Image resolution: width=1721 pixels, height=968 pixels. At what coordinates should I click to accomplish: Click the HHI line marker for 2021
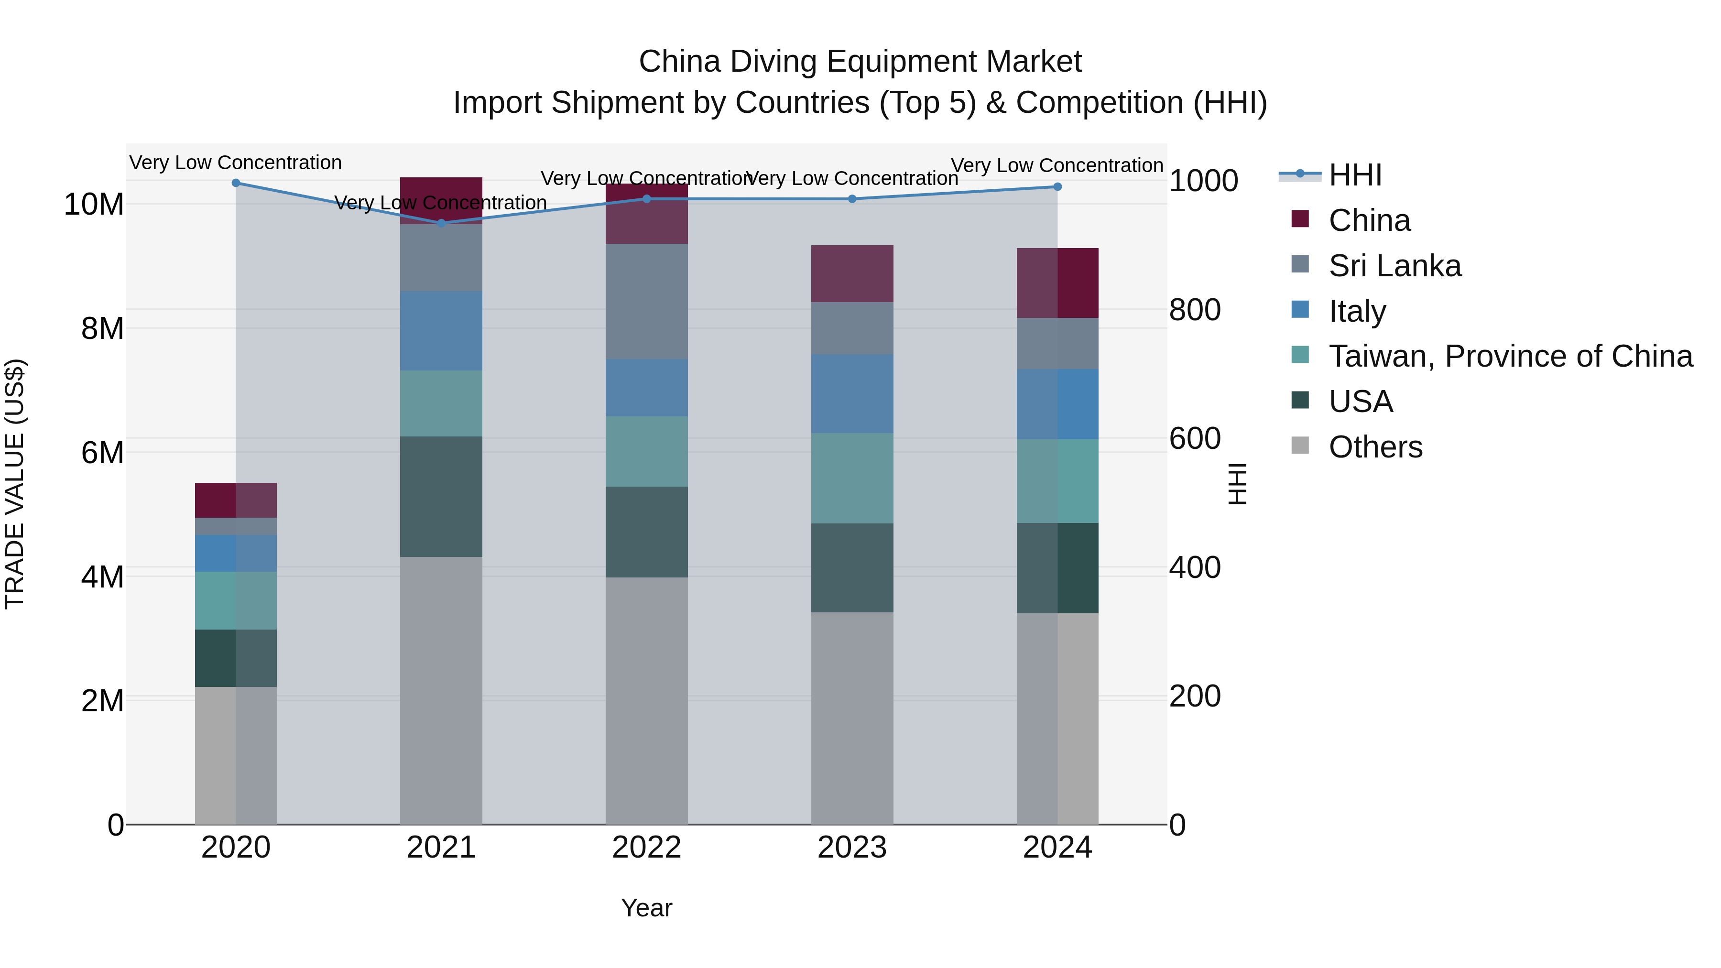441,223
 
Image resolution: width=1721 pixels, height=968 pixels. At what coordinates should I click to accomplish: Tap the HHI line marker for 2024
1057,187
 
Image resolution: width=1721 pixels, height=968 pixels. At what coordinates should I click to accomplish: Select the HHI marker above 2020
236,183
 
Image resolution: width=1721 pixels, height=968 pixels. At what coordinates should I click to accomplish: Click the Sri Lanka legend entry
1394,266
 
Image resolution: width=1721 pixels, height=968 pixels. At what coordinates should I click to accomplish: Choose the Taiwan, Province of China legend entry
1510,356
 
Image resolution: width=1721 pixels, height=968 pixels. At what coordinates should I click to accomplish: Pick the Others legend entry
1375,447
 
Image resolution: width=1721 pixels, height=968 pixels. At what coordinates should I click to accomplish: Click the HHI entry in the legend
1354,175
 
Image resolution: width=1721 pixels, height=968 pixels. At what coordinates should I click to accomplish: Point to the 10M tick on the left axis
94,205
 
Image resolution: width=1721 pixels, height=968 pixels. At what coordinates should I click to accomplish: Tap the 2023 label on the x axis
852,848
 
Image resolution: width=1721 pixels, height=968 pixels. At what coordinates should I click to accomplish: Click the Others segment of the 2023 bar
852,718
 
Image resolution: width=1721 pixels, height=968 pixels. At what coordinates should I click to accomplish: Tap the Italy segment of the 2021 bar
441,331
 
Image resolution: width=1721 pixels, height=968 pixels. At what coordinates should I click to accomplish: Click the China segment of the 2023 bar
852,273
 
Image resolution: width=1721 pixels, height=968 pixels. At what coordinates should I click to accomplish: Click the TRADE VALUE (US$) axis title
15,484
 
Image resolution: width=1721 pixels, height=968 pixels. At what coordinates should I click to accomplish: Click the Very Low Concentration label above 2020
236,163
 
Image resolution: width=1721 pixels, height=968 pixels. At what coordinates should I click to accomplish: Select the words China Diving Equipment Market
860,62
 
